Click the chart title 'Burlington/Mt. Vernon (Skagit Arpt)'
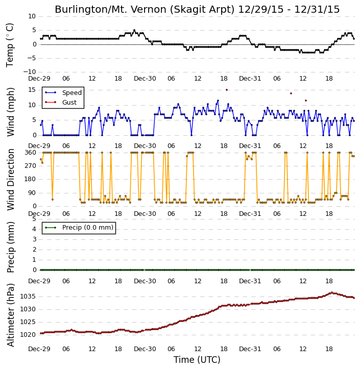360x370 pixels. [145, 10]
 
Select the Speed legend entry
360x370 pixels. [63, 93]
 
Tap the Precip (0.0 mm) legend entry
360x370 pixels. [79, 228]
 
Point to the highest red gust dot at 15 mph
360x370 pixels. [227, 90]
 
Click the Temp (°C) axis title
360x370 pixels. [10, 45]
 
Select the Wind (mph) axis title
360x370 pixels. [11, 112]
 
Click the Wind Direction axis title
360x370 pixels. [11, 180]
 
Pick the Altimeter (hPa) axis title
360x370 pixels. [11, 315]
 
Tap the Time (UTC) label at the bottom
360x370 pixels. [197, 360]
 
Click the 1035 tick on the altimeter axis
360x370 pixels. [28, 297]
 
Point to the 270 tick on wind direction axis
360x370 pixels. [31, 166]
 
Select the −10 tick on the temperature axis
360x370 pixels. [30, 72]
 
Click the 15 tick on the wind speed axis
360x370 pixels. [32, 90]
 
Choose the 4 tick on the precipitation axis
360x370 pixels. [34, 229]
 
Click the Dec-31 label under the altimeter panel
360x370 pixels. [250, 349]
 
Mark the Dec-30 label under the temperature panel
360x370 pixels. [145, 79]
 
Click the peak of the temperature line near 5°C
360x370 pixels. [134, 31]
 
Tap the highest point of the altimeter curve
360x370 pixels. [332, 292]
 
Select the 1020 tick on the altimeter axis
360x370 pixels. [28, 335]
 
